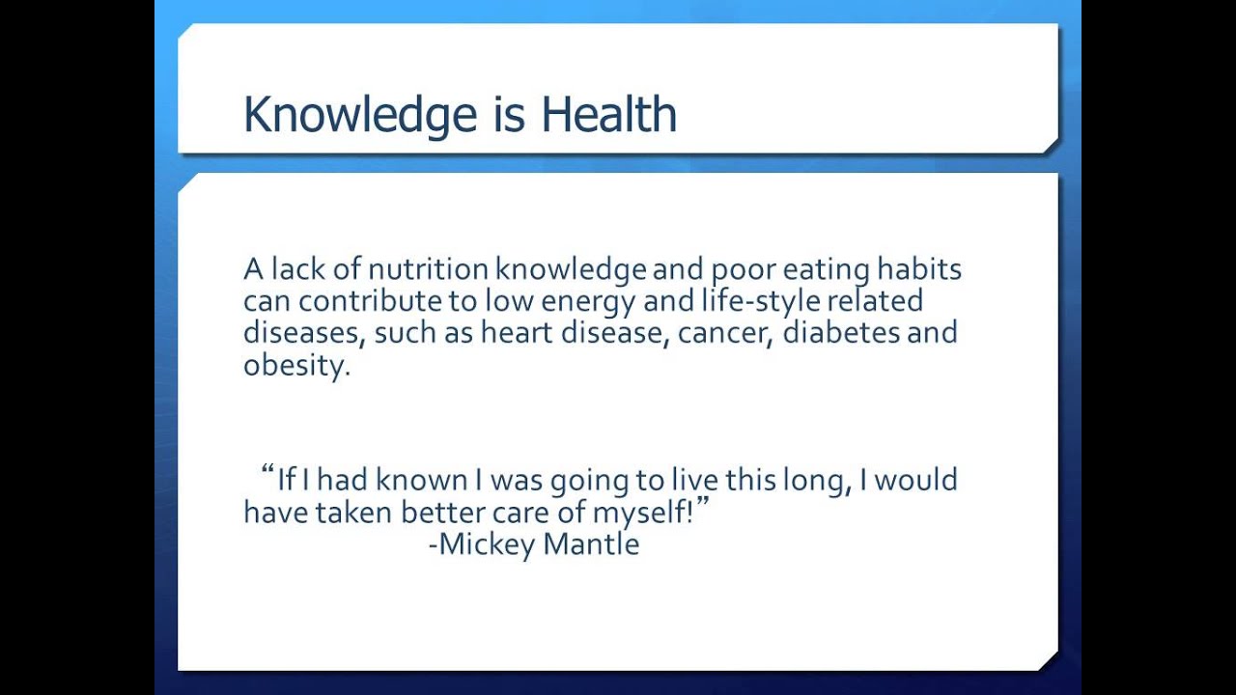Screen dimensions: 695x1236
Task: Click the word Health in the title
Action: tap(608, 115)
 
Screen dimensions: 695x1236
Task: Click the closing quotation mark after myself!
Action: tap(702, 504)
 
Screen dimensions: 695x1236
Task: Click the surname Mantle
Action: tap(591, 544)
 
